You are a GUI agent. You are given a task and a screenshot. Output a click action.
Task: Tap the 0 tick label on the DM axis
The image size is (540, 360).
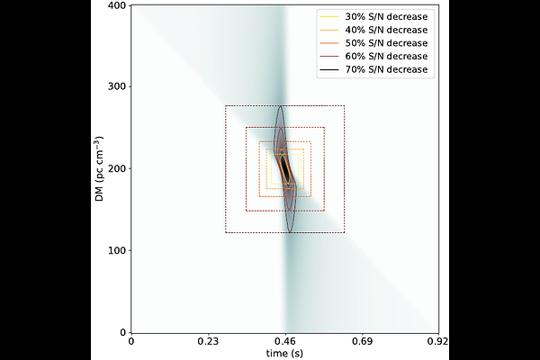[x=124, y=332]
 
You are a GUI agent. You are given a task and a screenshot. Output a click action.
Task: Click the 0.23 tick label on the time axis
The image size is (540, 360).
[x=209, y=343]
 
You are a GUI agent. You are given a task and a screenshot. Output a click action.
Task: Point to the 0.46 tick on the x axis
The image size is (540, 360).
[x=285, y=343]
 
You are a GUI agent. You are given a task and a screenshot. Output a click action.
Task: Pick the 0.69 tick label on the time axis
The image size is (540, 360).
[x=362, y=343]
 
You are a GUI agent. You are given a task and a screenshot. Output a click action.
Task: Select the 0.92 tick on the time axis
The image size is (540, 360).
[x=438, y=343]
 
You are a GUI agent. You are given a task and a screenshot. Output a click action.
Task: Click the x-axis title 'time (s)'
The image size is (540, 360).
[x=285, y=355]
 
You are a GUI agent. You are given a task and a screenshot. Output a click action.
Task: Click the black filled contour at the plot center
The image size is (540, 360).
[x=285, y=168]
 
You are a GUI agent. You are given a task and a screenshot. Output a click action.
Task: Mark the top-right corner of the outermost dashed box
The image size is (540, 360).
[x=344, y=106]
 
